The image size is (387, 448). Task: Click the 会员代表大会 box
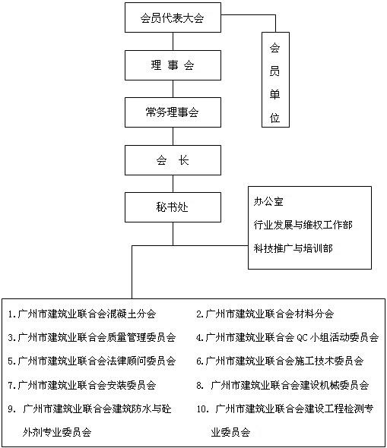[173, 17]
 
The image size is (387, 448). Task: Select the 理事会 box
[173, 65]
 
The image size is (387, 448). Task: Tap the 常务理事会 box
[173, 112]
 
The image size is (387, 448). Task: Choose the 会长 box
[173, 160]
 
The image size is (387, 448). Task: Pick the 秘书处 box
[173, 207]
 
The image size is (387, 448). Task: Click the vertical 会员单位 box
[275, 80]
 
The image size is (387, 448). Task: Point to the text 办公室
[268, 202]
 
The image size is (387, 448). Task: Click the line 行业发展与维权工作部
[303, 225]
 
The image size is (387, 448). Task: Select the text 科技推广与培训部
[293, 248]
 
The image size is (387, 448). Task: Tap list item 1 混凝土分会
[82, 314]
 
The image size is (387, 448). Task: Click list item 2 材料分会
[265, 314]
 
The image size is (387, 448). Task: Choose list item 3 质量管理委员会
[92, 338]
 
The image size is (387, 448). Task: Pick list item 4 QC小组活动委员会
[287, 338]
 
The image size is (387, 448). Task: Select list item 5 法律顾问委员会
[92, 361]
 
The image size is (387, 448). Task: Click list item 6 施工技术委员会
[280, 361]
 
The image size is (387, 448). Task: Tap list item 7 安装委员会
[82, 385]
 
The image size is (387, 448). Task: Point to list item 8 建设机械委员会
[282, 385]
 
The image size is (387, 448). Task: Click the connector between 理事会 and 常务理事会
[173, 89]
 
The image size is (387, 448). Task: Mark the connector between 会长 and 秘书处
[173, 184]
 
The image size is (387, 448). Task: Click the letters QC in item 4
[302, 338]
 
